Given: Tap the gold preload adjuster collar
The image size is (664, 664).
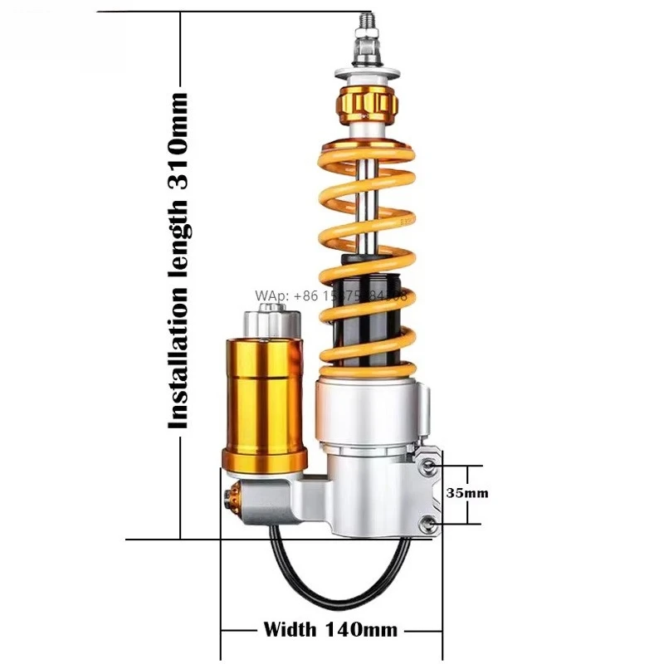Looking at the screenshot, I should (x=366, y=105).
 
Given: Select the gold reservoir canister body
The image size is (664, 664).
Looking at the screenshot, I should (x=263, y=390).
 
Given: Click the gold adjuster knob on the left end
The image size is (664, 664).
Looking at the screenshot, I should (x=233, y=499).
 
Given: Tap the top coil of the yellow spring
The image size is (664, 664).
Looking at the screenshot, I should (x=365, y=149).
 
